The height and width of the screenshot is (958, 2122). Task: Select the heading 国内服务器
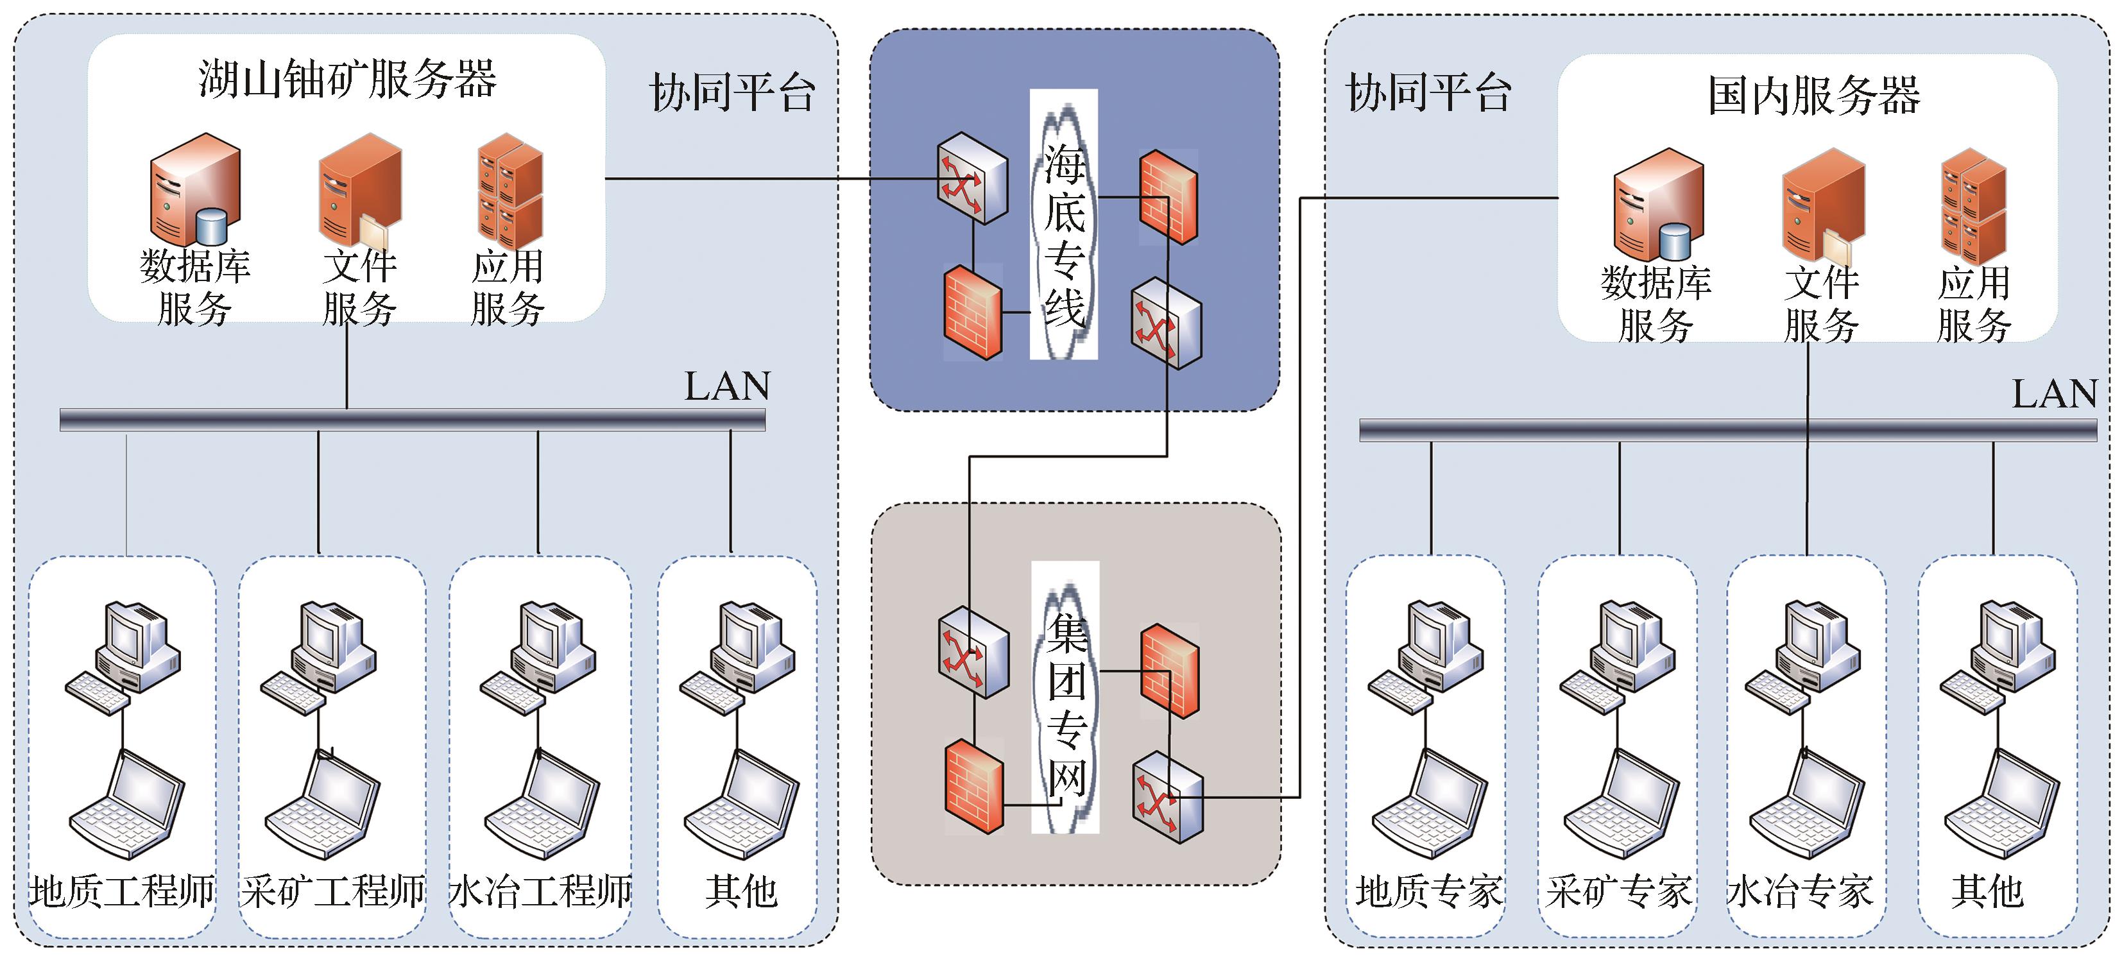1813,96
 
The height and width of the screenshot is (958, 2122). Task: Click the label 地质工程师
122,891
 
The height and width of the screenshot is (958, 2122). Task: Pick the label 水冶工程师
540,891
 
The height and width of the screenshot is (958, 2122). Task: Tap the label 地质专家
1428,891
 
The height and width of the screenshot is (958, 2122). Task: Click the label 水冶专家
1800,891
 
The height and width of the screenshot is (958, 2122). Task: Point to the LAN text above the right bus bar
2055,394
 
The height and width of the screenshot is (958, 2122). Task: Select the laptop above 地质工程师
128,804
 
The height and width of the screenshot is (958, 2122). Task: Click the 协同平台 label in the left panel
732,92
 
